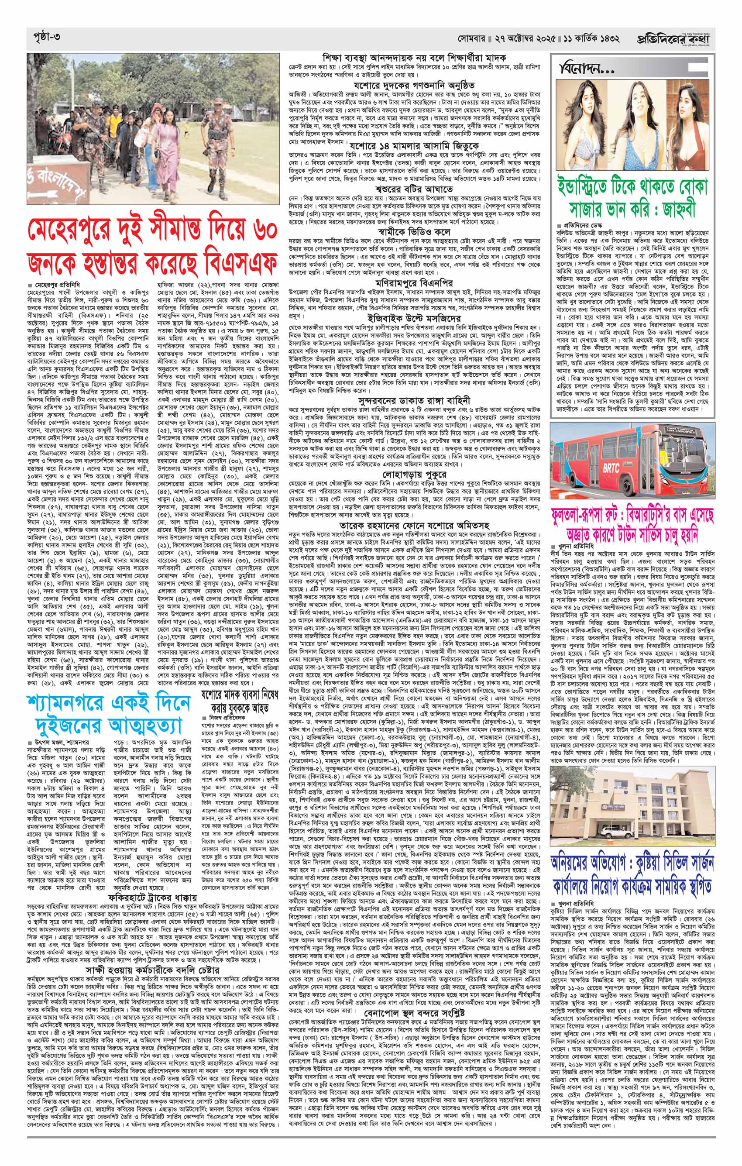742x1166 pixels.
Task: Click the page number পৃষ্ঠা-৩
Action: click(x=43, y=37)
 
